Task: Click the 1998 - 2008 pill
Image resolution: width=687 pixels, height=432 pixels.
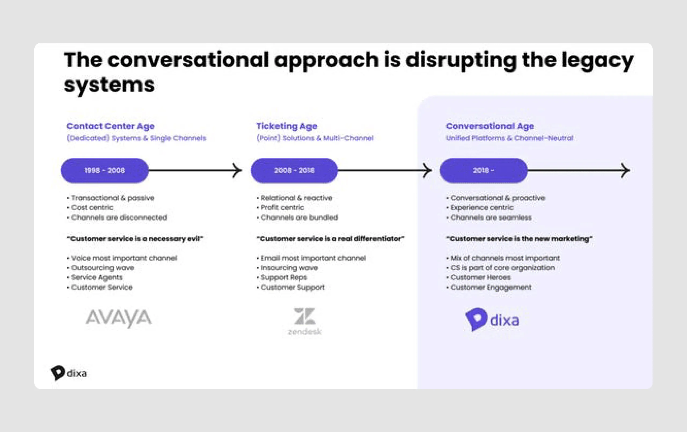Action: click(104, 170)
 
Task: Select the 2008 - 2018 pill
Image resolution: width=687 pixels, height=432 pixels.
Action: click(294, 170)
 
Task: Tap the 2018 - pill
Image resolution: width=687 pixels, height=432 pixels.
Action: click(484, 170)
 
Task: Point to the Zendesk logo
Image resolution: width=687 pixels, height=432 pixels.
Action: click(304, 321)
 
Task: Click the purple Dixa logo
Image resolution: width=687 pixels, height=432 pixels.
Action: click(492, 319)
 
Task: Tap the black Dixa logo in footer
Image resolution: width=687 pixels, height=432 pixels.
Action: click(69, 373)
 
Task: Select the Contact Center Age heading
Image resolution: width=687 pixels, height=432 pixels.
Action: click(110, 126)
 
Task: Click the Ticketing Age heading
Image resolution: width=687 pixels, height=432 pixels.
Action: click(286, 126)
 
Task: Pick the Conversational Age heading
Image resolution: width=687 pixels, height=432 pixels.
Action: click(490, 126)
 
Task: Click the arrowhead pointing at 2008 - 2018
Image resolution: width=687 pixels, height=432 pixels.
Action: click(237, 171)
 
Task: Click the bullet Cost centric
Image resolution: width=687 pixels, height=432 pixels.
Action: click(92, 208)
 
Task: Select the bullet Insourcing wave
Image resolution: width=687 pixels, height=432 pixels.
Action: click(289, 268)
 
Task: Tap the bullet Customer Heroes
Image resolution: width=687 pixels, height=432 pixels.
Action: click(480, 277)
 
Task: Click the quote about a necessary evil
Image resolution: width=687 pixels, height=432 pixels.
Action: click(135, 239)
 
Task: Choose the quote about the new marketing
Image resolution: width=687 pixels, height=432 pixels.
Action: click(519, 239)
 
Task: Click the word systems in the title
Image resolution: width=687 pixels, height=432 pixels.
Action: click(109, 85)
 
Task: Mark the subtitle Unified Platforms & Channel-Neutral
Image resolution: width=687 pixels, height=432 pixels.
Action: click(510, 138)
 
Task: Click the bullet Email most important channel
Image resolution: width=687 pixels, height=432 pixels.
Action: click(313, 258)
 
